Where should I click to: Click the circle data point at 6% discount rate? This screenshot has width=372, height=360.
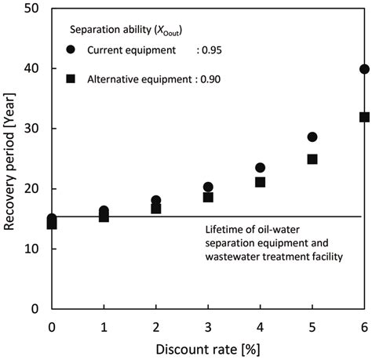pos(363,69)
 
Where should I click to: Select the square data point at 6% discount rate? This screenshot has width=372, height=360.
pos(363,117)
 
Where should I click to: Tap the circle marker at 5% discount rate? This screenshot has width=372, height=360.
pos(312,136)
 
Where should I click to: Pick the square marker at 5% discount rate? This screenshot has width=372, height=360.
pos(312,159)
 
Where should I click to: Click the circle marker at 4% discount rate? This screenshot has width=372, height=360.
pos(260,168)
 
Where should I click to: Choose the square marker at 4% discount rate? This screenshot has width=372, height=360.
pos(260,182)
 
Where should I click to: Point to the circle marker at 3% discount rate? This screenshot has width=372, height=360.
pos(208,187)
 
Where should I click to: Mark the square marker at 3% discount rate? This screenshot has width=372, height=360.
pos(208,197)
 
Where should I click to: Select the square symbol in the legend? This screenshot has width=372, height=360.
pos(72,78)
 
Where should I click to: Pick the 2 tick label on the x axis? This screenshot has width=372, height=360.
pos(156,325)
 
